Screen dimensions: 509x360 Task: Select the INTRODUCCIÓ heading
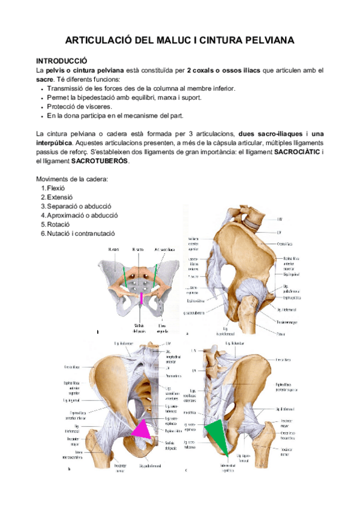click(62, 61)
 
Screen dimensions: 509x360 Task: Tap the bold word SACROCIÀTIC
click(297, 152)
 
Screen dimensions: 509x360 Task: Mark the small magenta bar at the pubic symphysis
click(142, 298)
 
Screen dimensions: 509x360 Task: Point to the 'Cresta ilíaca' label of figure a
click(285, 244)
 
